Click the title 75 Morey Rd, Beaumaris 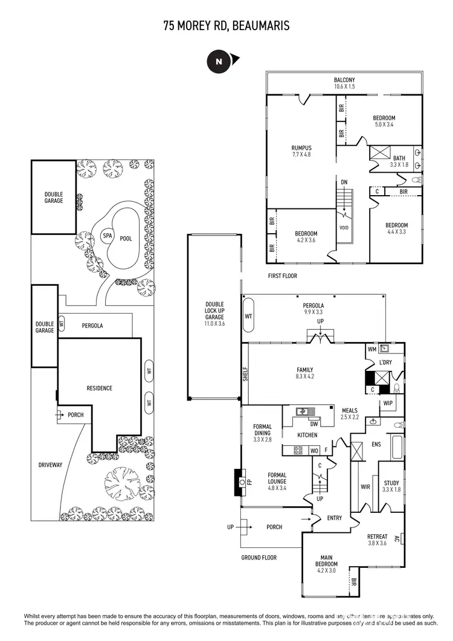226,25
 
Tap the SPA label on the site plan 107,236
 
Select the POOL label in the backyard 126,239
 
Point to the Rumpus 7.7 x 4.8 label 301,151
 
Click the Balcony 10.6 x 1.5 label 344,83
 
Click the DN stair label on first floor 344,182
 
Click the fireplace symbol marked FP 240,482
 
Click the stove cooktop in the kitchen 298,449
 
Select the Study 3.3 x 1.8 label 391,486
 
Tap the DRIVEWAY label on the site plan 51,465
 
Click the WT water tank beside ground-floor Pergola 248,317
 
